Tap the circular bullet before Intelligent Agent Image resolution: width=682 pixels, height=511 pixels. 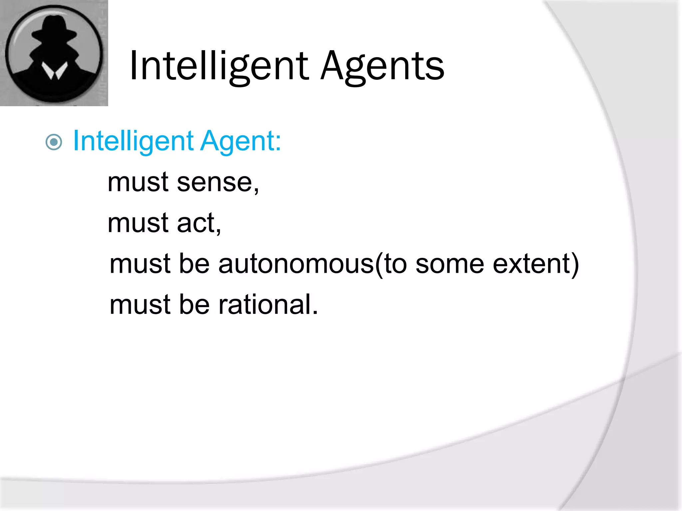[54, 142]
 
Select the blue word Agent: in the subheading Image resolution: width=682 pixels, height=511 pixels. [240, 141]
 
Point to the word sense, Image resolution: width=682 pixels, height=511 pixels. [218, 183]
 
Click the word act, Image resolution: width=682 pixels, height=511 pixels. [199, 223]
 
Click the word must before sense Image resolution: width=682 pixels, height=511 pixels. [138, 183]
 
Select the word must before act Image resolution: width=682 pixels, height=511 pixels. [138, 223]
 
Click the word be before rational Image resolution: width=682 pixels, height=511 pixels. [194, 305]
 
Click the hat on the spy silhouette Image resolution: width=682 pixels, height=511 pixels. [54, 28]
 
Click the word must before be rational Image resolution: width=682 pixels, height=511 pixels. [140, 305]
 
